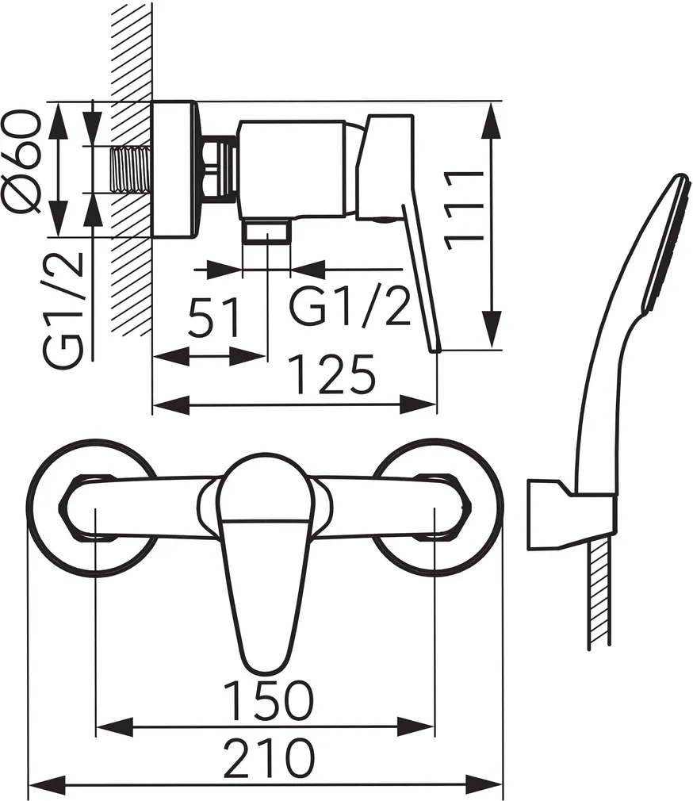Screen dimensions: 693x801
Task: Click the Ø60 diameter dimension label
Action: point(21,160)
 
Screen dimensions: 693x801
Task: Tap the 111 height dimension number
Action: point(464,210)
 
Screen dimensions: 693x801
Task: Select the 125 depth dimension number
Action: point(331,374)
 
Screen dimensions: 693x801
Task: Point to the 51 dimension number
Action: point(214,318)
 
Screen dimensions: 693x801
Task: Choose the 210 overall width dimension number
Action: point(269,757)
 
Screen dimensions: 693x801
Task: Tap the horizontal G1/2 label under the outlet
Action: point(350,305)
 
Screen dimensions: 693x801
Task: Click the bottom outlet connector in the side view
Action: point(266,232)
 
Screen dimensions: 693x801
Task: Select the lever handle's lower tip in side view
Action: point(435,348)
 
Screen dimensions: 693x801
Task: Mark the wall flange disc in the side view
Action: point(174,169)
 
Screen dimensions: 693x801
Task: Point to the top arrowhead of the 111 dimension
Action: point(491,121)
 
